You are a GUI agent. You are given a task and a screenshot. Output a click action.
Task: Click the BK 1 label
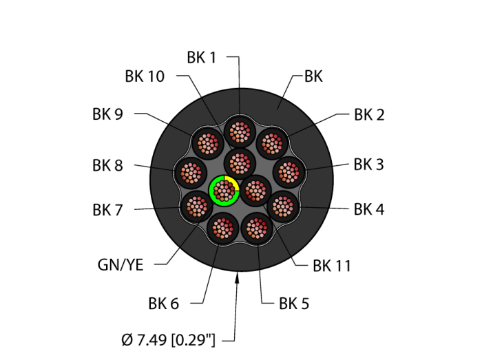point(202,58)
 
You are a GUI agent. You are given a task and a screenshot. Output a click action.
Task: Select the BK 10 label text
point(145,76)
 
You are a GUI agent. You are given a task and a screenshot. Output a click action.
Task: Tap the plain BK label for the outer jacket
point(313,77)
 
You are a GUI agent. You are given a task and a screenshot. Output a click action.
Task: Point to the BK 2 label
point(369,115)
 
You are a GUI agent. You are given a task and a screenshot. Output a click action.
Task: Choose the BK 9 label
point(107,114)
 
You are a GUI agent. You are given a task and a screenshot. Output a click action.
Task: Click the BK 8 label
point(107,165)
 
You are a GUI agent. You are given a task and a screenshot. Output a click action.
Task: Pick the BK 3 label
point(369,165)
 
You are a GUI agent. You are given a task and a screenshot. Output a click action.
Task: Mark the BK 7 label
point(107,210)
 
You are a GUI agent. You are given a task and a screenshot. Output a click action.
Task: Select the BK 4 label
point(369,209)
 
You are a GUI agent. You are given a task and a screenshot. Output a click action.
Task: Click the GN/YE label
point(120,265)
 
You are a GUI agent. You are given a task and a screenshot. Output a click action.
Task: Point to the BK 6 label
point(163,303)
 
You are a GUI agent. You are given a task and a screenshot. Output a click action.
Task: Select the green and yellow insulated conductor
point(224,190)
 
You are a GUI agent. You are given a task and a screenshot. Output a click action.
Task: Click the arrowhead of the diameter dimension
point(238,276)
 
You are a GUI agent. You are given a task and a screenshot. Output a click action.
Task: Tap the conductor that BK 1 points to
point(240,131)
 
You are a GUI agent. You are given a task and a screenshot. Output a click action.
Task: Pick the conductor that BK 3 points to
point(289,171)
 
